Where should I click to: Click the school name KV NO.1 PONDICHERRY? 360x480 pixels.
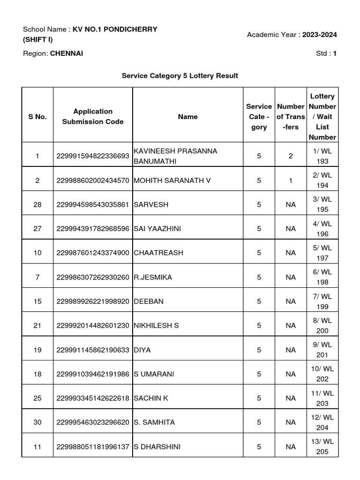[115, 29]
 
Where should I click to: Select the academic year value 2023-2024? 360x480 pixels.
[319, 35]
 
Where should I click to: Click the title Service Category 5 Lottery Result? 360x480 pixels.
[180, 75]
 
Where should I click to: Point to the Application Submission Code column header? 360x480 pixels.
[93, 116]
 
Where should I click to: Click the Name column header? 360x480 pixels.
[187, 117]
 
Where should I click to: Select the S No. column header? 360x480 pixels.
[37, 117]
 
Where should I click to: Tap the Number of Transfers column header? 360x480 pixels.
[291, 117]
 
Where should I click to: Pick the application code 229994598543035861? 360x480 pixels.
[93, 204]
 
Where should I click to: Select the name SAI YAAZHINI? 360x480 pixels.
[157, 229]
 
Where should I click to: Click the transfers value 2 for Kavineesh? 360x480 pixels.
[291, 156]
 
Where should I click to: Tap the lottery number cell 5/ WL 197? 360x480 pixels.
[322, 253]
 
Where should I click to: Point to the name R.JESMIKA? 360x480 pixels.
[153, 277]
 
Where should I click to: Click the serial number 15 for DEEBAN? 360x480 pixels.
[37, 301]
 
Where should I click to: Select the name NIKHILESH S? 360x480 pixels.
[156, 325]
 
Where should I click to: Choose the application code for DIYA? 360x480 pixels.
[93, 350]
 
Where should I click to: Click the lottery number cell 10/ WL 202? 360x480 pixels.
[322, 374]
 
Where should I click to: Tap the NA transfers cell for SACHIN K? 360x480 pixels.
[291, 398]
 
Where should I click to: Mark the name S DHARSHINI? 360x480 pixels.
[157, 447]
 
